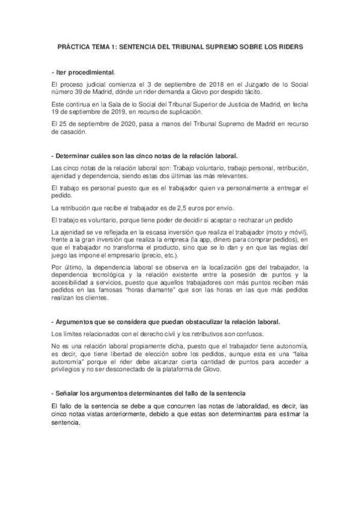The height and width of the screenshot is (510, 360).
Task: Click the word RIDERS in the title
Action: click(x=289, y=46)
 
